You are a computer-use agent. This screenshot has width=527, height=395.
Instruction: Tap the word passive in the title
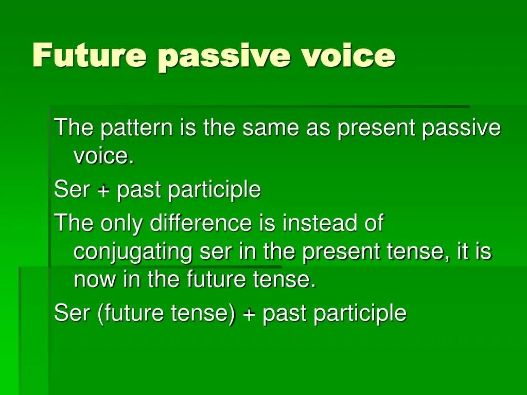coord(224,57)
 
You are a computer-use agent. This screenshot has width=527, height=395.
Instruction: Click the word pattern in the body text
coord(136,128)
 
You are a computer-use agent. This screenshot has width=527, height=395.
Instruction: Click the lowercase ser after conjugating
coord(216,254)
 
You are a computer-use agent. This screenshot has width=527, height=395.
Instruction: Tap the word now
coord(95,280)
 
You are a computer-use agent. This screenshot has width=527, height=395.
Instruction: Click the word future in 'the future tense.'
coord(216,279)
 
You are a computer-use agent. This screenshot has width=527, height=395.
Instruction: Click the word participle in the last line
coord(360,313)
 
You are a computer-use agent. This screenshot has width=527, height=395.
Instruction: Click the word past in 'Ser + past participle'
coord(138,190)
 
